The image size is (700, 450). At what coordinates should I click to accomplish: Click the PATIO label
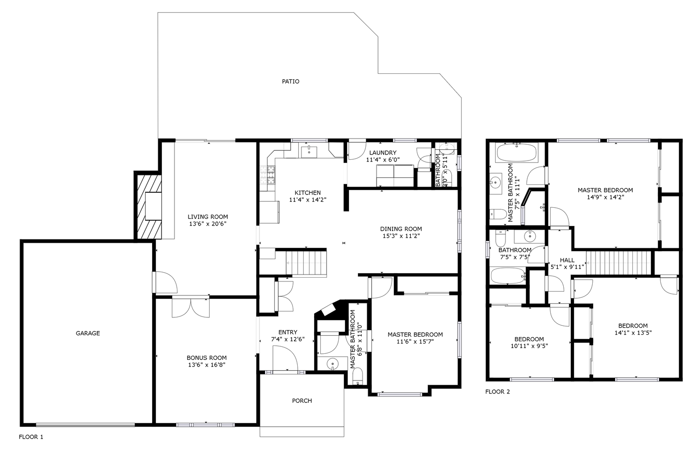(291, 82)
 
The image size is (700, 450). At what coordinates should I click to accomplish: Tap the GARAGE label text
(88, 333)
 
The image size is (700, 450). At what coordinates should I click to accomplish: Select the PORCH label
(302, 401)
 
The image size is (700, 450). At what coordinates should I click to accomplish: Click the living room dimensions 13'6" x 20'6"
(208, 224)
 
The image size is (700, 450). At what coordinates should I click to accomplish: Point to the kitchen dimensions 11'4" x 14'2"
(308, 200)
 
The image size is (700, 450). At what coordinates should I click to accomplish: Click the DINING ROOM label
(401, 229)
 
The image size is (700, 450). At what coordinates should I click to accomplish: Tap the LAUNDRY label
(383, 153)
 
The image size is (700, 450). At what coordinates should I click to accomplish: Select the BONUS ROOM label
(207, 358)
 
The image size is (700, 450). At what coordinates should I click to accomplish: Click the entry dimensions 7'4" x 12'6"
(288, 339)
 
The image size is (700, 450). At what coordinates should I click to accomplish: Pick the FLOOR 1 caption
(31, 437)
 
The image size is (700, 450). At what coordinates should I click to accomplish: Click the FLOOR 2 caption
(497, 392)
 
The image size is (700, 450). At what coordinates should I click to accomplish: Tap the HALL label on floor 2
(567, 260)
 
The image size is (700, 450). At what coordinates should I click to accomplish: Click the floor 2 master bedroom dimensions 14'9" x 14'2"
(605, 197)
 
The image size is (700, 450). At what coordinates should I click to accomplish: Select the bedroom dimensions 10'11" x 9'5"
(529, 346)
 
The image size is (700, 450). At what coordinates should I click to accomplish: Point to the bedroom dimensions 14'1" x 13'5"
(633, 333)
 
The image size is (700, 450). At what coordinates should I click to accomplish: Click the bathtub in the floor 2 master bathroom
(517, 153)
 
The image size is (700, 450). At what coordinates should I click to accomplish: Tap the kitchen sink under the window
(309, 152)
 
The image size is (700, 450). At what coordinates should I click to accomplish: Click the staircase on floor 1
(306, 263)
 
